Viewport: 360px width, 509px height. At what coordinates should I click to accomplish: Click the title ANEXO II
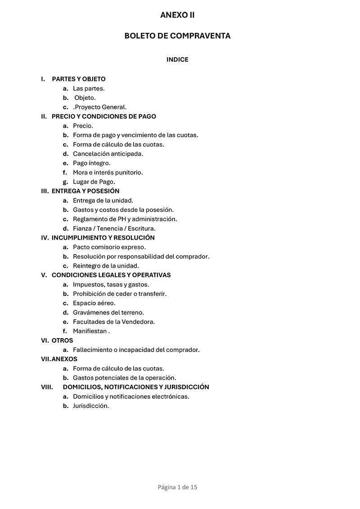(177, 15)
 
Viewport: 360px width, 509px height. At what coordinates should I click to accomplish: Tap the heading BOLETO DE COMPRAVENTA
(177, 36)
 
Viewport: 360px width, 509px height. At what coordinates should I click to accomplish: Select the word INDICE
(177, 59)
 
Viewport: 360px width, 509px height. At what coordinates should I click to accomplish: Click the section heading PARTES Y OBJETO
(79, 79)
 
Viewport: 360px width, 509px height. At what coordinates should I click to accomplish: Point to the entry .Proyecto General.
(100, 107)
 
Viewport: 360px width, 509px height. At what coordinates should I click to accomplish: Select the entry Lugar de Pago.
(94, 182)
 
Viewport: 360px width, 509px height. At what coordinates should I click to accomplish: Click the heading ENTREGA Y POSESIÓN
(85, 191)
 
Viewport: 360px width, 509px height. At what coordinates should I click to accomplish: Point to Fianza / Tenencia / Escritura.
(114, 228)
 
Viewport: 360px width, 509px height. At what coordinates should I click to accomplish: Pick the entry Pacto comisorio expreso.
(109, 247)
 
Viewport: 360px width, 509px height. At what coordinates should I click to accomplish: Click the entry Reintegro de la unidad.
(106, 266)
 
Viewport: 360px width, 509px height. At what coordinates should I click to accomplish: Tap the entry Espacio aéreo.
(94, 303)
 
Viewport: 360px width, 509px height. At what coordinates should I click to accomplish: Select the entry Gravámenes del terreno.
(108, 313)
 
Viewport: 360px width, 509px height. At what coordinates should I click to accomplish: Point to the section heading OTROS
(63, 340)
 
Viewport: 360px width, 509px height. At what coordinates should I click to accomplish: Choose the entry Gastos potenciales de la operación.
(125, 378)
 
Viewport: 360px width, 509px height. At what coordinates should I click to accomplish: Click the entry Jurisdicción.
(91, 406)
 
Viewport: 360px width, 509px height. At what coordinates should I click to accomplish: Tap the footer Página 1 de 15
(178, 487)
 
